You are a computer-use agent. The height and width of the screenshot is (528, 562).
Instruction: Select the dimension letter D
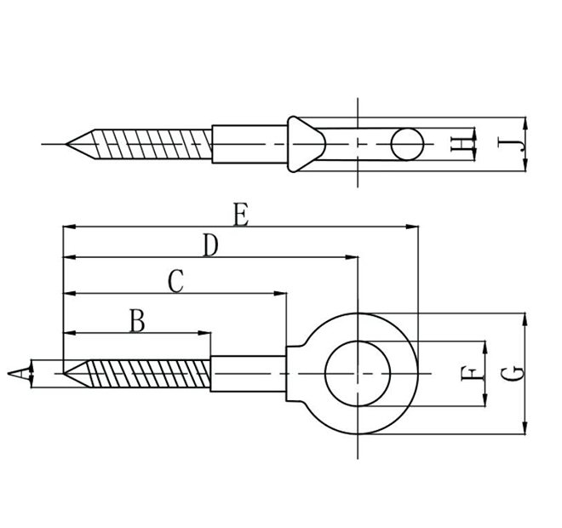pos(210,246)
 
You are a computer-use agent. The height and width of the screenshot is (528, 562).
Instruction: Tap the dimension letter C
pos(175,281)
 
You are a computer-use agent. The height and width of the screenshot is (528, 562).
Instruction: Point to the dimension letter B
pos(137,321)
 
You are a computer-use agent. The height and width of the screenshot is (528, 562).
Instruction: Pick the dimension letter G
pos(508,371)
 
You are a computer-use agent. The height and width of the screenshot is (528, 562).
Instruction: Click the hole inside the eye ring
pos(358,372)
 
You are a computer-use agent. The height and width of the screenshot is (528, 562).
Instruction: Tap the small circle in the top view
pos(406,144)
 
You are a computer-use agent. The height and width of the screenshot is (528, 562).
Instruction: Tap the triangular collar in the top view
pos(302,144)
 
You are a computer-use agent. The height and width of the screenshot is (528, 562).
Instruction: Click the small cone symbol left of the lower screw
pos(19,373)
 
